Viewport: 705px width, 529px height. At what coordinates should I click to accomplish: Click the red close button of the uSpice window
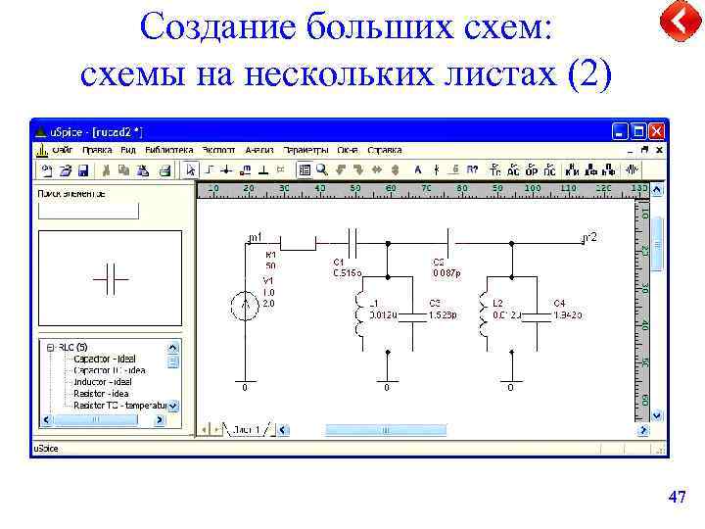(x=657, y=130)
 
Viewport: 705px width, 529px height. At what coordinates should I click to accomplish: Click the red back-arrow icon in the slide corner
(x=677, y=22)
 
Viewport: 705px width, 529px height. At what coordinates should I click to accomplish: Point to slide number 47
(x=676, y=498)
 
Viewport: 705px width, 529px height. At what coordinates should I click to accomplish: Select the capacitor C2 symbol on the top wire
(x=447, y=239)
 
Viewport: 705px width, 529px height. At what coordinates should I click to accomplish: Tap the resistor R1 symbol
(x=299, y=239)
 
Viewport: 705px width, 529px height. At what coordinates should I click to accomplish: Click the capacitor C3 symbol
(x=417, y=316)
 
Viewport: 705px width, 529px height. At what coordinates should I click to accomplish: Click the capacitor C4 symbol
(x=540, y=316)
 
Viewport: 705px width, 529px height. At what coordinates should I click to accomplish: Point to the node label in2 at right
(x=590, y=237)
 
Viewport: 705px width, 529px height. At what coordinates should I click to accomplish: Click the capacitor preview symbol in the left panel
(x=111, y=280)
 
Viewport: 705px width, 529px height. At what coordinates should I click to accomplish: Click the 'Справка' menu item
(x=385, y=150)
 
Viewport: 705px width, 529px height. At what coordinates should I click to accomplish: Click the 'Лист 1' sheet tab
(x=245, y=430)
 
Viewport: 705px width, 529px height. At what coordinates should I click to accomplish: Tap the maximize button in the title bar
(x=638, y=130)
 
